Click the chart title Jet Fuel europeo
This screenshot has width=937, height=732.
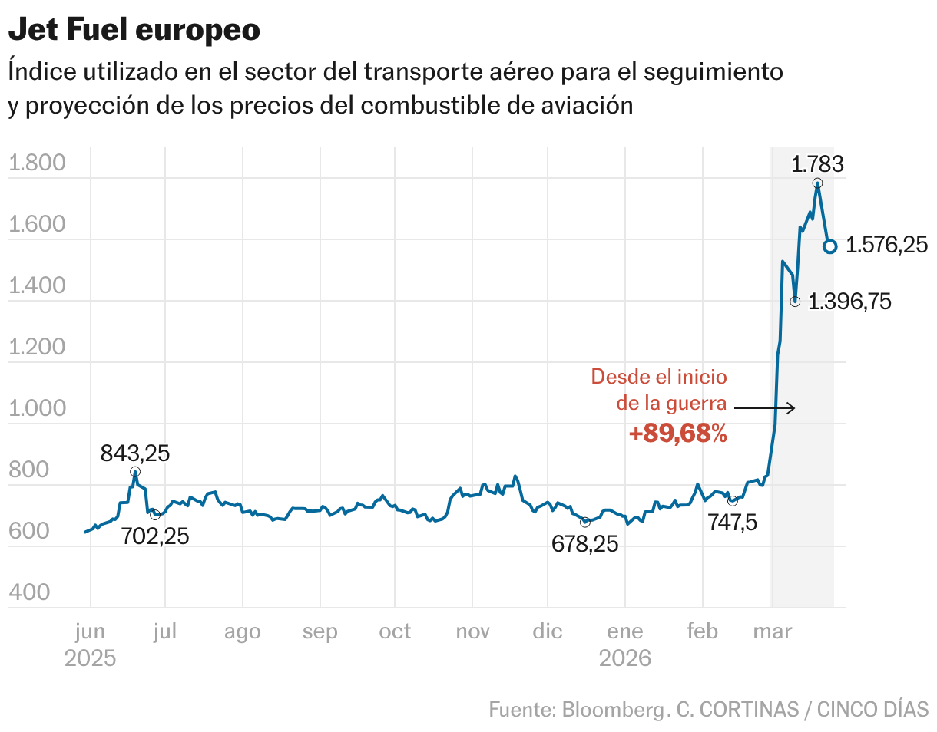[134, 31]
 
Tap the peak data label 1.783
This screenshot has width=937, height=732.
[817, 163]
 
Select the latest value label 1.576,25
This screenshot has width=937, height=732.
[886, 246]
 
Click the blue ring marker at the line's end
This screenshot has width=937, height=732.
[829, 246]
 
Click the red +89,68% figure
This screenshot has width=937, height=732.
[677, 434]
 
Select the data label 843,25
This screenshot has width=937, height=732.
[135, 453]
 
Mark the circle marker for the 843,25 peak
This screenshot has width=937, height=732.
[135, 472]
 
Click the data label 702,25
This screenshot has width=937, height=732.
[155, 536]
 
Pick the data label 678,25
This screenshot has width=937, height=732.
[584, 544]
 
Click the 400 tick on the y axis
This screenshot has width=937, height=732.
[29, 593]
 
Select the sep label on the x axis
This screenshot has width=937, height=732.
[320, 631]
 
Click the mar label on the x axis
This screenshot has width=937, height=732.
[773, 631]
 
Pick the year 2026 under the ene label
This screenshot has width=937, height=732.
[625, 658]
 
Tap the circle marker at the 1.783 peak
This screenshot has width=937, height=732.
[817, 183]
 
